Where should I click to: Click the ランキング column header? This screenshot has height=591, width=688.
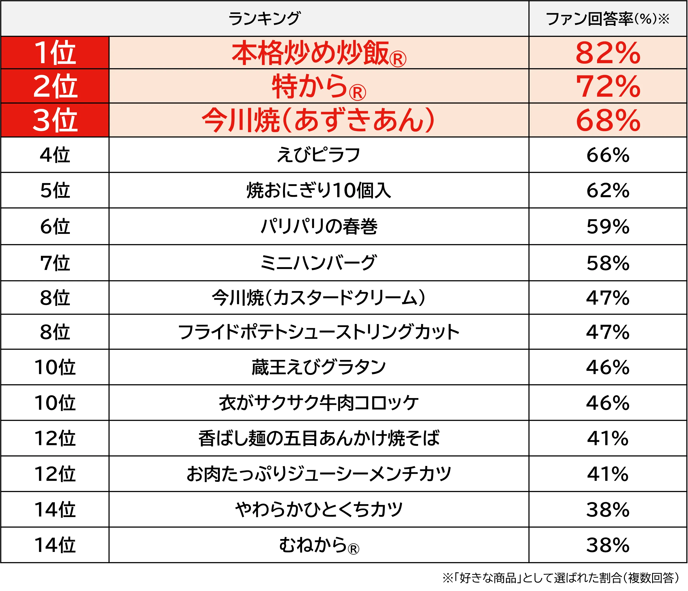(264, 19)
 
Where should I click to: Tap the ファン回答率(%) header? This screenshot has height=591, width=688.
(607, 19)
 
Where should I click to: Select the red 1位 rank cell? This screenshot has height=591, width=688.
(55, 53)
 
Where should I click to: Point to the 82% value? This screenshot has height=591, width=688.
(608, 53)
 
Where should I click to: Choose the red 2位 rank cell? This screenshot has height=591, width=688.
(55, 86)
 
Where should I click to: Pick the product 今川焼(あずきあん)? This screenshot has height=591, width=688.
(318, 120)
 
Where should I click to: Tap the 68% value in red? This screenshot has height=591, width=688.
(608, 120)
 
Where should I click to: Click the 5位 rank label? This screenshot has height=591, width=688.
(55, 190)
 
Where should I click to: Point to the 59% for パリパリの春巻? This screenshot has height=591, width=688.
(608, 227)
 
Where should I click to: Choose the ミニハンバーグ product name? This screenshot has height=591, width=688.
(318, 263)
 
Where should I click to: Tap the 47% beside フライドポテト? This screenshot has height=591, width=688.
(608, 332)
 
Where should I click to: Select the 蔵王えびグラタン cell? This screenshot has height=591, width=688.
(318, 367)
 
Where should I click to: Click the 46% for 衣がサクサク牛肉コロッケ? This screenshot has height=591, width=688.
(608, 403)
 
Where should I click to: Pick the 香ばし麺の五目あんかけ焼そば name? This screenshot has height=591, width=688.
(318, 438)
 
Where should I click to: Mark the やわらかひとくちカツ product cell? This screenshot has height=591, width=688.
(318, 509)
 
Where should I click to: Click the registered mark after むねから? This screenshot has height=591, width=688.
(353, 549)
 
